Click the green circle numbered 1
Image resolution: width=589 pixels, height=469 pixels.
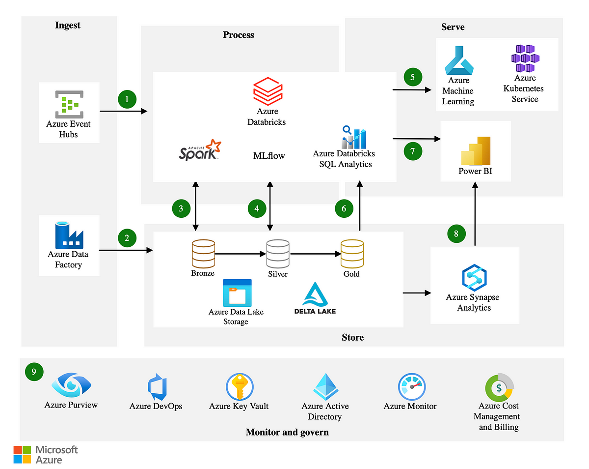(x=127, y=99)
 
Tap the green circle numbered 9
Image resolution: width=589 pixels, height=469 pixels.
(x=34, y=372)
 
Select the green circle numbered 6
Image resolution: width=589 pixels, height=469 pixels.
(x=344, y=208)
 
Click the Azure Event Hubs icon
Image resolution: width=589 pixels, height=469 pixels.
(x=69, y=104)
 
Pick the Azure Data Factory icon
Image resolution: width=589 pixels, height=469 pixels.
(x=69, y=235)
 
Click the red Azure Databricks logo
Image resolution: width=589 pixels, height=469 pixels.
(x=268, y=91)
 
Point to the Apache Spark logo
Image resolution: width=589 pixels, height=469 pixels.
(x=200, y=150)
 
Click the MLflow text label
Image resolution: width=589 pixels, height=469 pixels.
(x=269, y=156)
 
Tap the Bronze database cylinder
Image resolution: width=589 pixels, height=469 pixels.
(x=203, y=254)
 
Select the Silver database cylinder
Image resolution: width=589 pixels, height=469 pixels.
(x=278, y=254)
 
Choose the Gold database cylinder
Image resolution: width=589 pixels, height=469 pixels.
(x=352, y=254)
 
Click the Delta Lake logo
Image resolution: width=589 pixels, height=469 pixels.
(x=315, y=298)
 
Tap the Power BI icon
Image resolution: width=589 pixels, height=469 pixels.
(x=476, y=151)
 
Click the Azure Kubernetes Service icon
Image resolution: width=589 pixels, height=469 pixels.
(x=526, y=59)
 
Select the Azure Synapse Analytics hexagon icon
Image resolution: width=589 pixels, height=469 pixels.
(x=475, y=278)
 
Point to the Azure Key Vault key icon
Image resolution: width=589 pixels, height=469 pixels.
(x=240, y=387)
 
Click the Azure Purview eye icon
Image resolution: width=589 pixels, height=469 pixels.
(x=72, y=385)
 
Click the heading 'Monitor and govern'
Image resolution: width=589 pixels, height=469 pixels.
(x=288, y=433)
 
